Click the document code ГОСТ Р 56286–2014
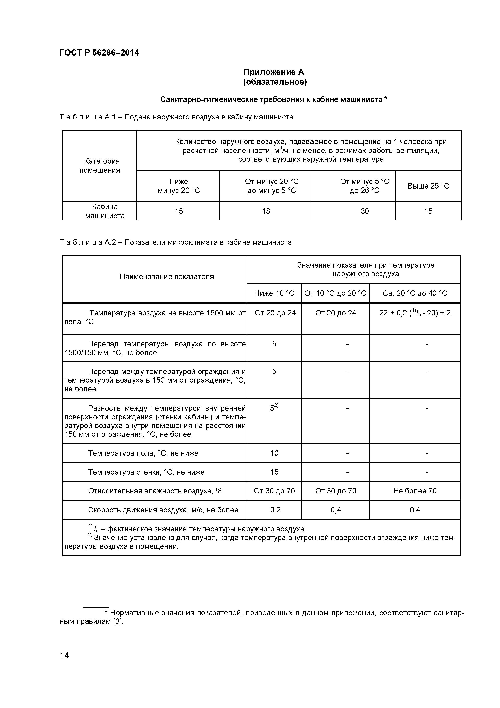pyautogui.click(x=99, y=53)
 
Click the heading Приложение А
pyautogui.click(x=274, y=72)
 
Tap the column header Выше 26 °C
pyautogui.click(x=428, y=186)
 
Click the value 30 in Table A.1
pyautogui.click(x=365, y=211)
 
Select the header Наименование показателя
pyautogui.click(x=167, y=277)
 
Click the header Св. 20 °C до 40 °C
pyautogui.click(x=415, y=293)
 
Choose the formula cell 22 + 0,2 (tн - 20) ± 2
pyautogui.click(x=415, y=313)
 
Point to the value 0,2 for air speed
pyautogui.click(x=275, y=510)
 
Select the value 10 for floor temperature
pyautogui.click(x=274, y=453)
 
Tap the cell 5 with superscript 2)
pyautogui.click(x=274, y=408)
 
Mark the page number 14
pyautogui.click(x=64, y=664)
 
